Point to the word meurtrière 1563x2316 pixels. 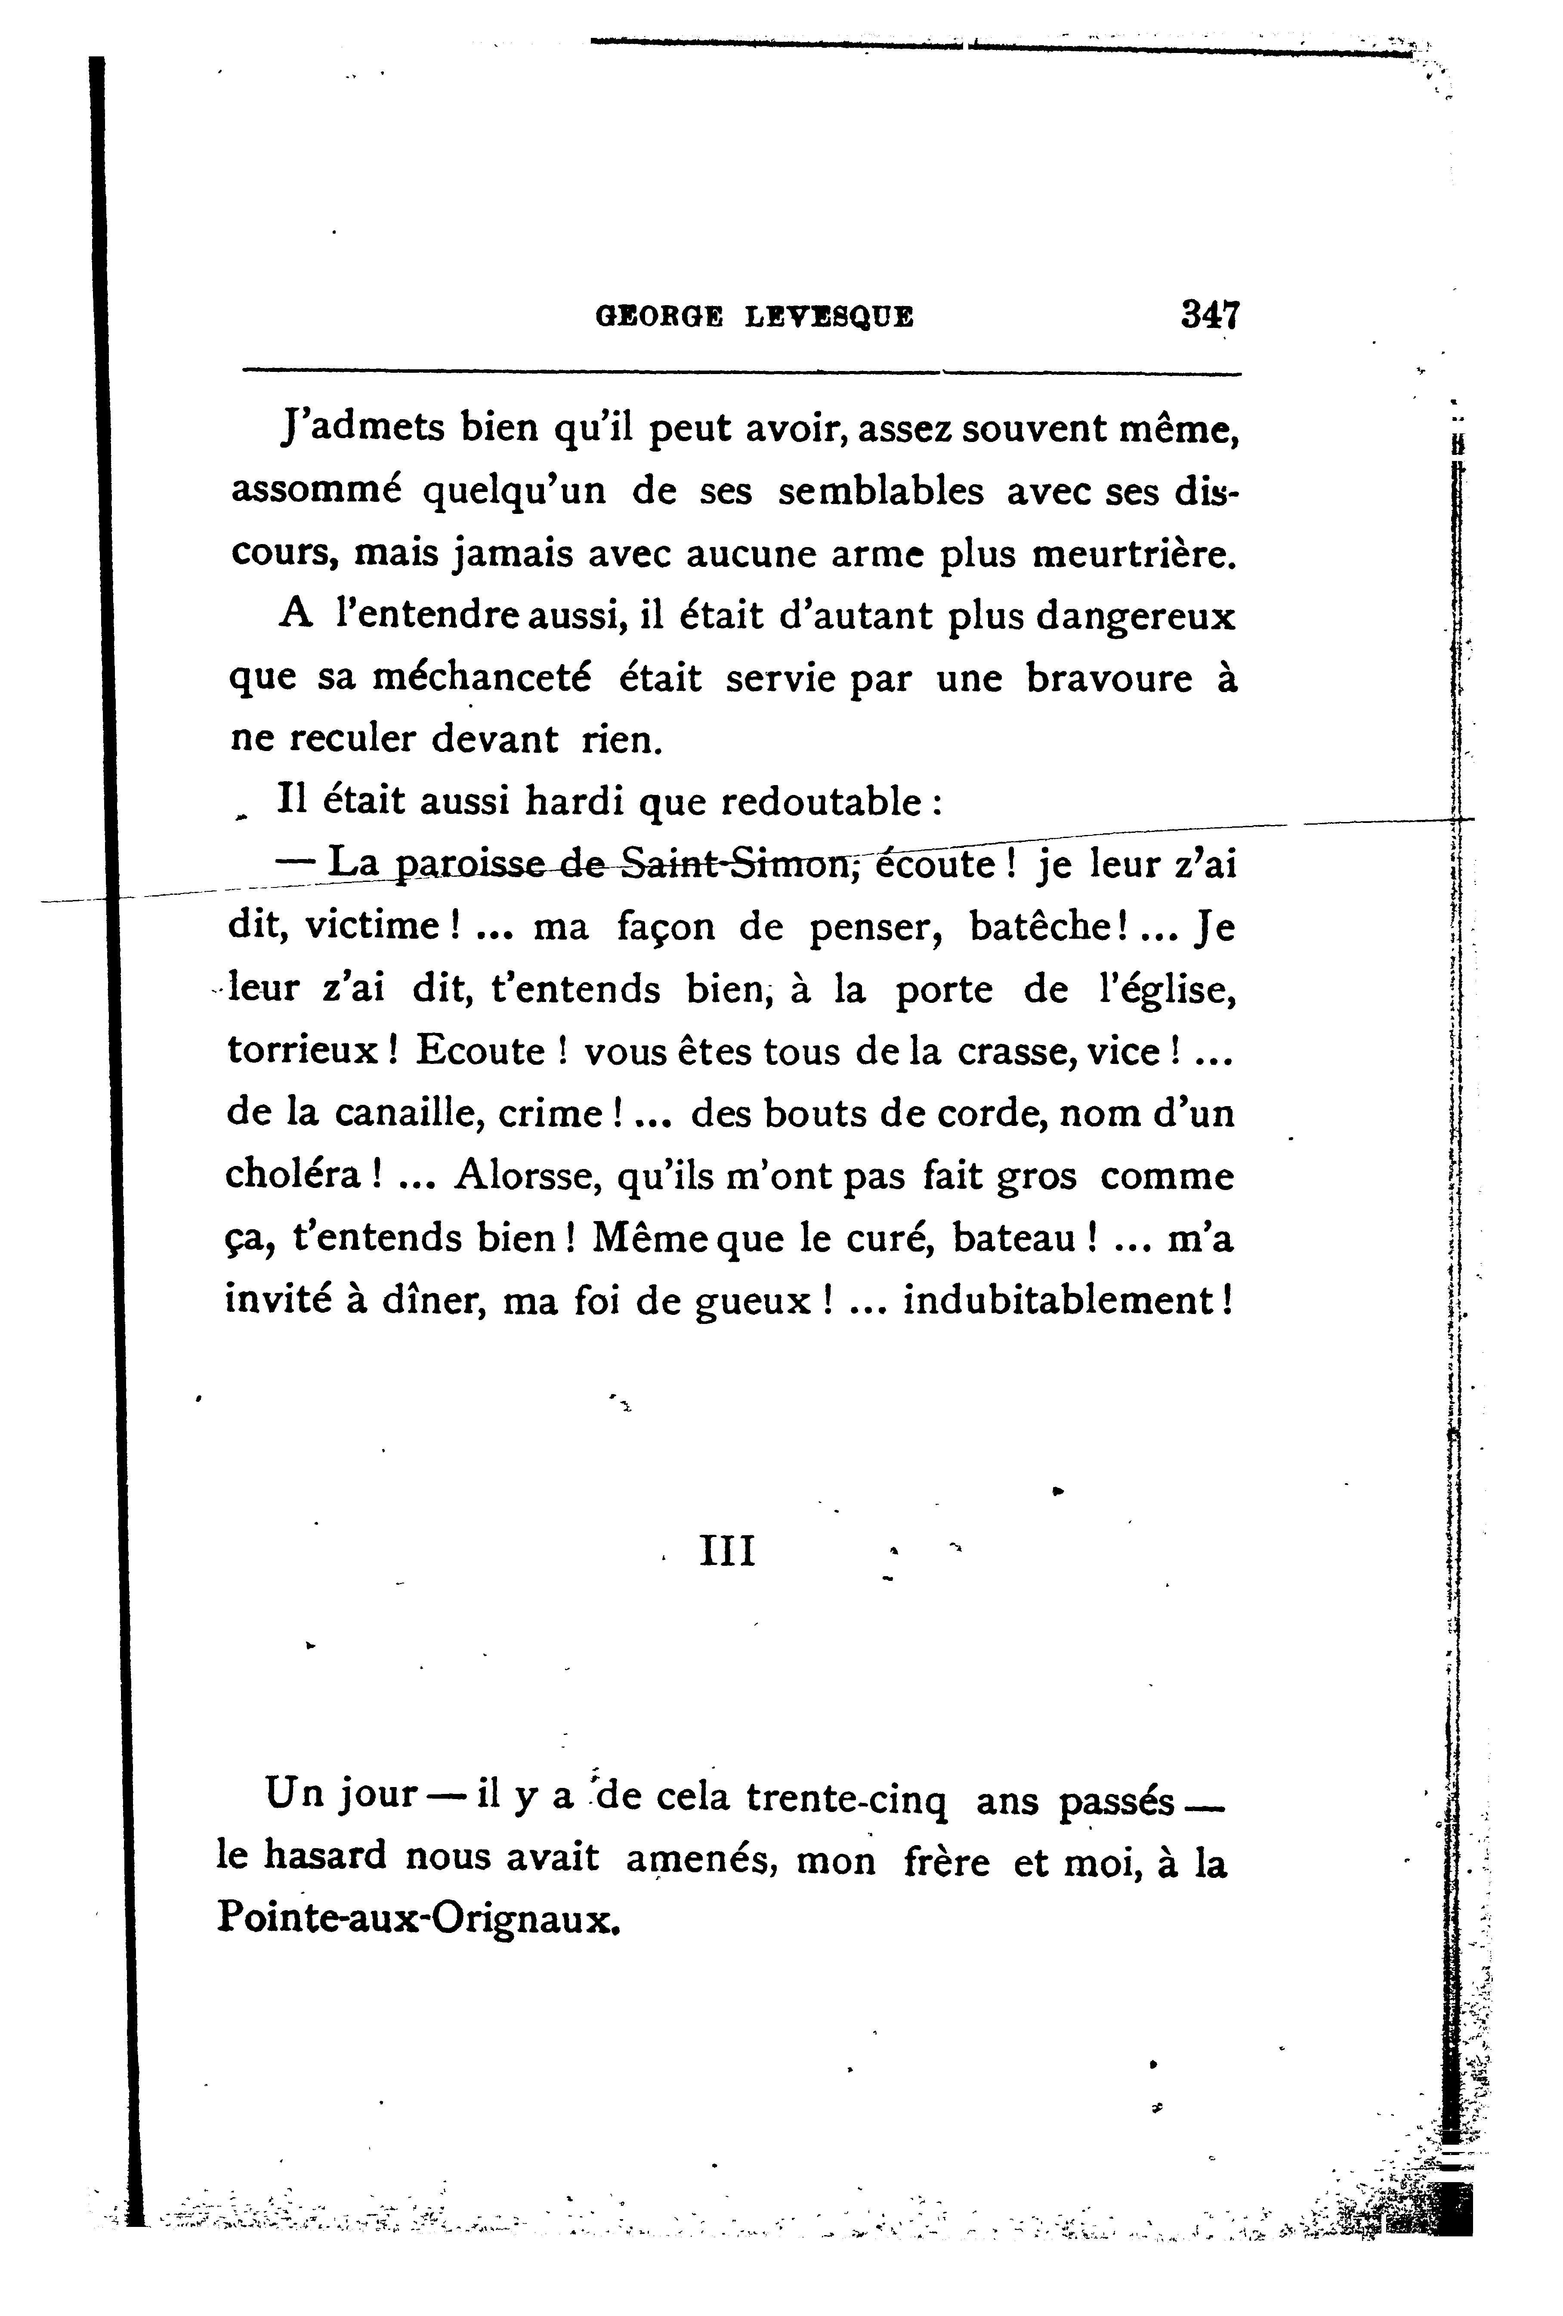(1133, 554)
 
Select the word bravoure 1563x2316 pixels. (1108, 679)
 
